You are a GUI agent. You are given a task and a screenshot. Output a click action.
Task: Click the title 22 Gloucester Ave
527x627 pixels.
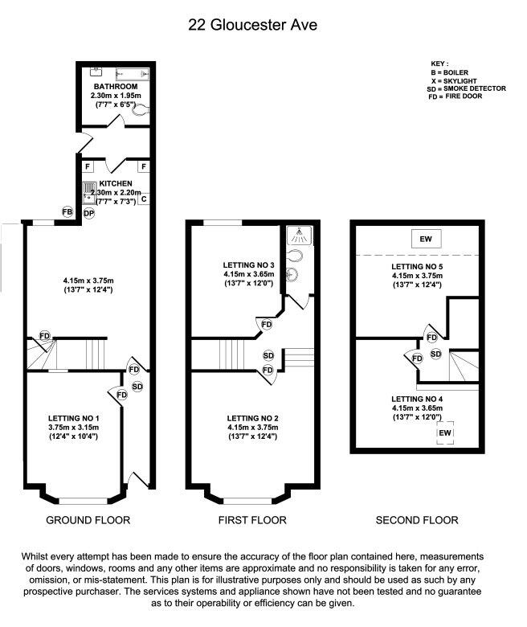(x=252, y=25)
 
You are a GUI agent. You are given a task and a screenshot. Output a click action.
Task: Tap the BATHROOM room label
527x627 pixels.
(x=115, y=86)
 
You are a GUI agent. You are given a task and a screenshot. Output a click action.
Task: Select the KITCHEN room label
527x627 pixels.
(x=116, y=183)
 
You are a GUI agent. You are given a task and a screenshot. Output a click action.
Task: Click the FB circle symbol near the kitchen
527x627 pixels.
(x=68, y=212)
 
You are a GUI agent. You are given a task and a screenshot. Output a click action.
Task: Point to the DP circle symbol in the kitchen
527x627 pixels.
(x=89, y=213)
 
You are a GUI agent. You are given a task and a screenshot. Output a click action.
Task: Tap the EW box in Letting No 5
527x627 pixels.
(x=423, y=240)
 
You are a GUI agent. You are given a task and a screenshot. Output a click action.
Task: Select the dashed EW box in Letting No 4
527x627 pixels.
(x=444, y=433)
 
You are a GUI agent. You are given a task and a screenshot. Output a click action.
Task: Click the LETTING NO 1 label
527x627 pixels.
(x=73, y=418)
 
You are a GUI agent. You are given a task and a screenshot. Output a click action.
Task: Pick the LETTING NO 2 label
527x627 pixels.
(x=252, y=418)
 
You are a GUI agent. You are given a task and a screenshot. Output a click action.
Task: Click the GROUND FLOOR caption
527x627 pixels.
(x=88, y=520)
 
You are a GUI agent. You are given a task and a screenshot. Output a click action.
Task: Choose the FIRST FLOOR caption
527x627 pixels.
(x=252, y=520)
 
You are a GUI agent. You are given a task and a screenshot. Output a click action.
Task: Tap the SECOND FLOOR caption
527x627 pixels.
(x=417, y=520)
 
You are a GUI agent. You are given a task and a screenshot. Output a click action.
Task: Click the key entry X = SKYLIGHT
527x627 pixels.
(x=456, y=80)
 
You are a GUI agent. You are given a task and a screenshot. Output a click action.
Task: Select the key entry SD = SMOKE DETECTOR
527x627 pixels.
(x=466, y=88)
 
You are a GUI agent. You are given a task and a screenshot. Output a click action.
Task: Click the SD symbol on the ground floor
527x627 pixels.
(x=137, y=387)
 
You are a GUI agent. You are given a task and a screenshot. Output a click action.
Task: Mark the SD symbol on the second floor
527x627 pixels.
(x=435, y=354)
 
